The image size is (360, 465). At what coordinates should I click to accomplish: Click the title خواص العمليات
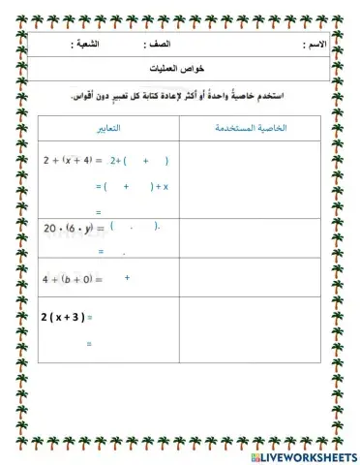[x=185, y=70]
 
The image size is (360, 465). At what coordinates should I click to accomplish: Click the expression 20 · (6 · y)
[x=68, y=229]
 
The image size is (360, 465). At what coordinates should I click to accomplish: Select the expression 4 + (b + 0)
[x=68, y=279]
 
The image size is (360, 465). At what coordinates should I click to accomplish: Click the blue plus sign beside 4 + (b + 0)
[x=127, y=278]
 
